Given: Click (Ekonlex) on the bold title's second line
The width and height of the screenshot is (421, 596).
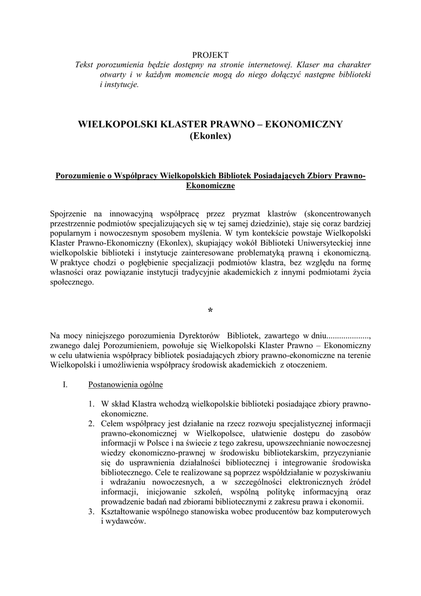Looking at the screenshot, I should (x=211, y=137).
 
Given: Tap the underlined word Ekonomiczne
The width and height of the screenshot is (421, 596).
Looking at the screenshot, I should (x=211, y=186).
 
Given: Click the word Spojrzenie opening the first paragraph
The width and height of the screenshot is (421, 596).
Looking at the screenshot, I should (x=70, y=213).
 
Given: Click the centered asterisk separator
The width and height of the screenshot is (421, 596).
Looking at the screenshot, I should (x=211, y=312).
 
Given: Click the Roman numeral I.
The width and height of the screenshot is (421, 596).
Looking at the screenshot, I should (x=66, y=385).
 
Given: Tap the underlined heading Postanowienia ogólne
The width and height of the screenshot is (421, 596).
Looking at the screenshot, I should (x=126, y=385).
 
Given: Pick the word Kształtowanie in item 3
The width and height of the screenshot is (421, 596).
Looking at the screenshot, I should (x=129, y=512).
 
